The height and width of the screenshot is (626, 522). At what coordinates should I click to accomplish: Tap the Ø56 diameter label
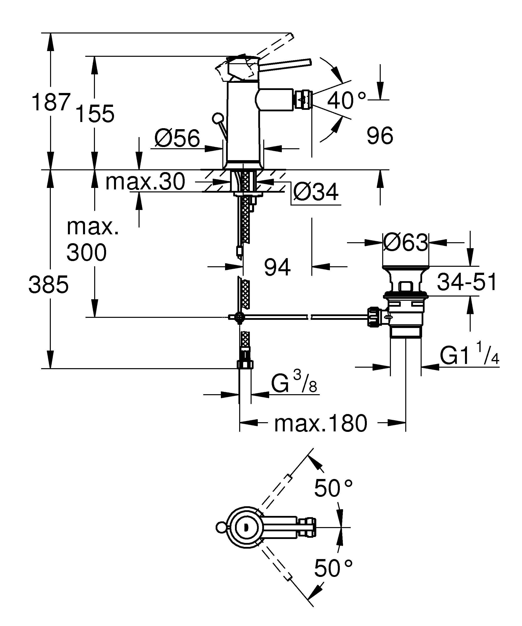click(x=177, y=138)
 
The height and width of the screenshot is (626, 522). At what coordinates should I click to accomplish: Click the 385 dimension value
click(x=49, y=284)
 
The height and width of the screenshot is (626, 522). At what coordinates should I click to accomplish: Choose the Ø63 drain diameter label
click(x=405, y=242)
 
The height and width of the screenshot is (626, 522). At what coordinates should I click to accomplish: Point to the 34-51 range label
click(x=466, y=282)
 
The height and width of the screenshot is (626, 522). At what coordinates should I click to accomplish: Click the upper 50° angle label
click(x=333, y=488)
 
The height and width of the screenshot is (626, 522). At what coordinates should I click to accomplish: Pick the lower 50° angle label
click(x=333, y=568)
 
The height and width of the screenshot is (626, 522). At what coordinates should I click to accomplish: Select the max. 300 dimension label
click(x=89, y=240)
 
